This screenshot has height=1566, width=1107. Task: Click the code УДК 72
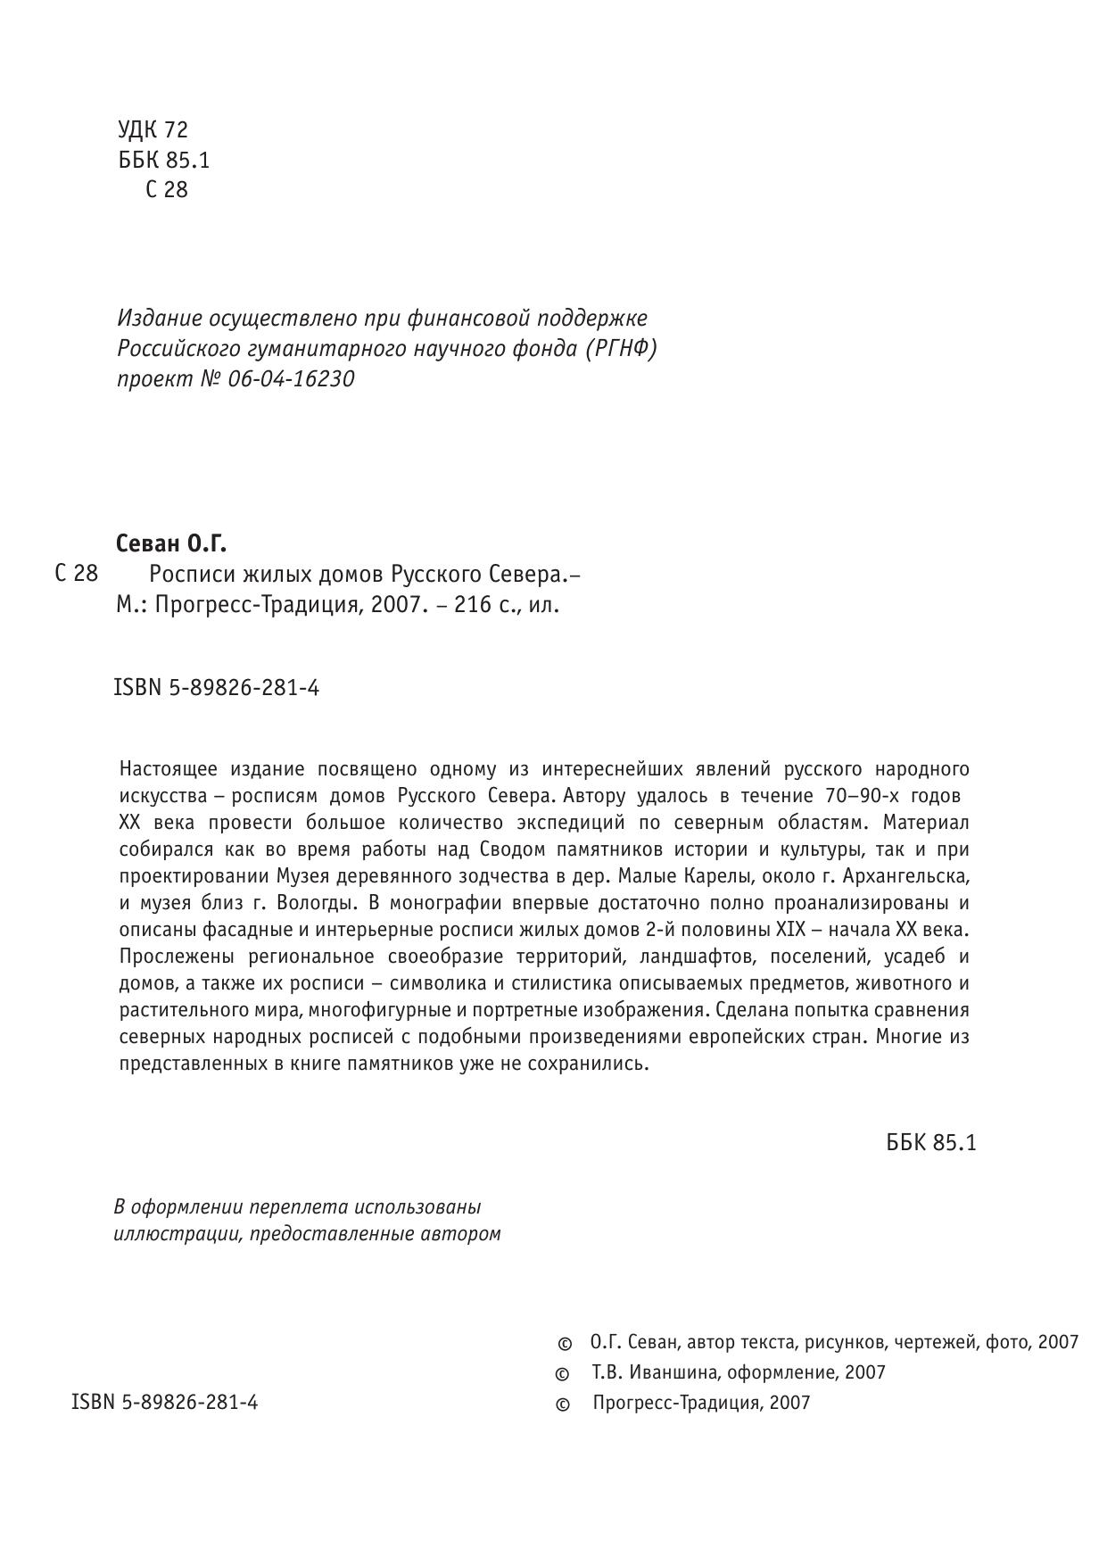click(153, 130)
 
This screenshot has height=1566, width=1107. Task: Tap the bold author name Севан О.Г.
click(171, 543)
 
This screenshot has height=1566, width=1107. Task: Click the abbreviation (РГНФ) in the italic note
click(621, 349)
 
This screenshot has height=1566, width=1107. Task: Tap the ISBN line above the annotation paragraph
click(217, 688)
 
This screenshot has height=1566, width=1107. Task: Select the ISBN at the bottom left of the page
click(164, 1402)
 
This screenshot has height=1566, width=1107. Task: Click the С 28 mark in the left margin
click(77, 573)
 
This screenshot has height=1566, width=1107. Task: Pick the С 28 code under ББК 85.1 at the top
click(167, 189)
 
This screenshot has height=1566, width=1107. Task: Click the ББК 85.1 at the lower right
click(931, 1143)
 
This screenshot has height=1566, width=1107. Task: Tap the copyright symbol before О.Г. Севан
click(564, 1344)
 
